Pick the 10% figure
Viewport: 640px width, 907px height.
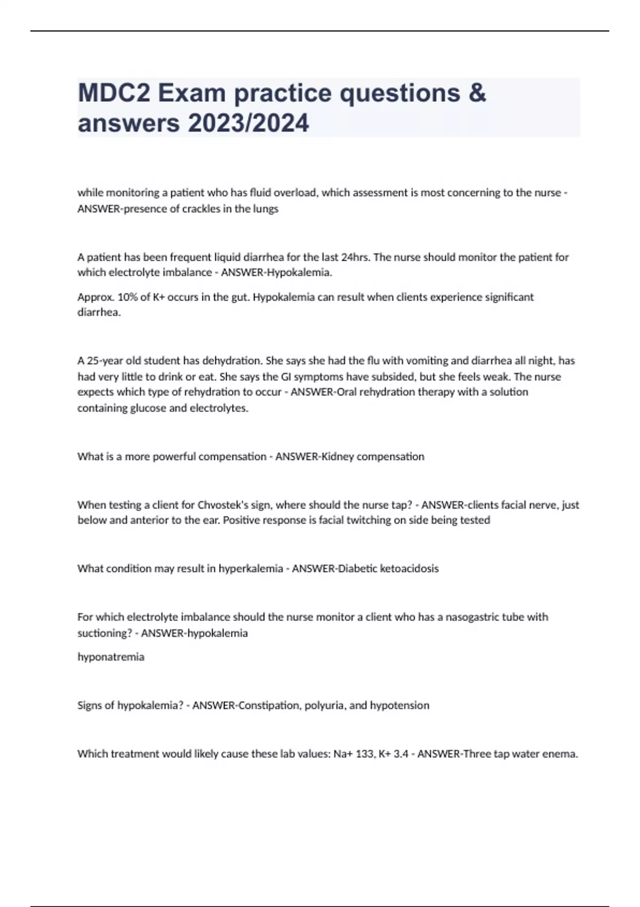[126, 297]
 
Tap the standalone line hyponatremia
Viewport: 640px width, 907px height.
[111, 657]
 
